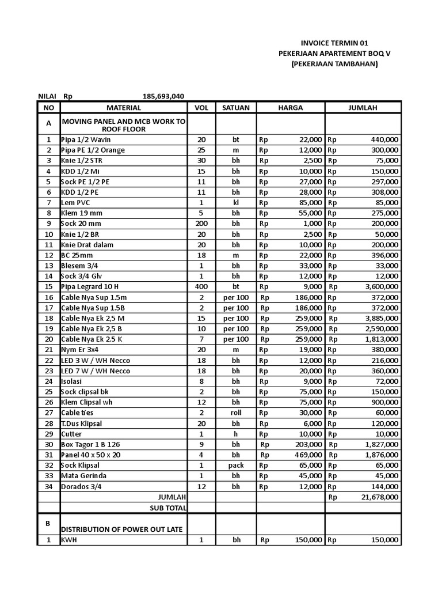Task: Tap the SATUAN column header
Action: (x=235, y=108)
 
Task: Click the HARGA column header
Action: (x=290, y=108)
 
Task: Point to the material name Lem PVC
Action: (x=75, y=203)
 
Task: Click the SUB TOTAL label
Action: (x=167, y=508)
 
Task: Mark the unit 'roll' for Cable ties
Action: (x=235, y=413)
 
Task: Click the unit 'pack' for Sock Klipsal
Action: (x=235, y=465)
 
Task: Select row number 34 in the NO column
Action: (x=49, y=486)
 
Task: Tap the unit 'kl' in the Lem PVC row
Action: (x=235, y=203)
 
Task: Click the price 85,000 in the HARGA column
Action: (x=308, y=203)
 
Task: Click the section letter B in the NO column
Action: (x=49, y=523)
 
